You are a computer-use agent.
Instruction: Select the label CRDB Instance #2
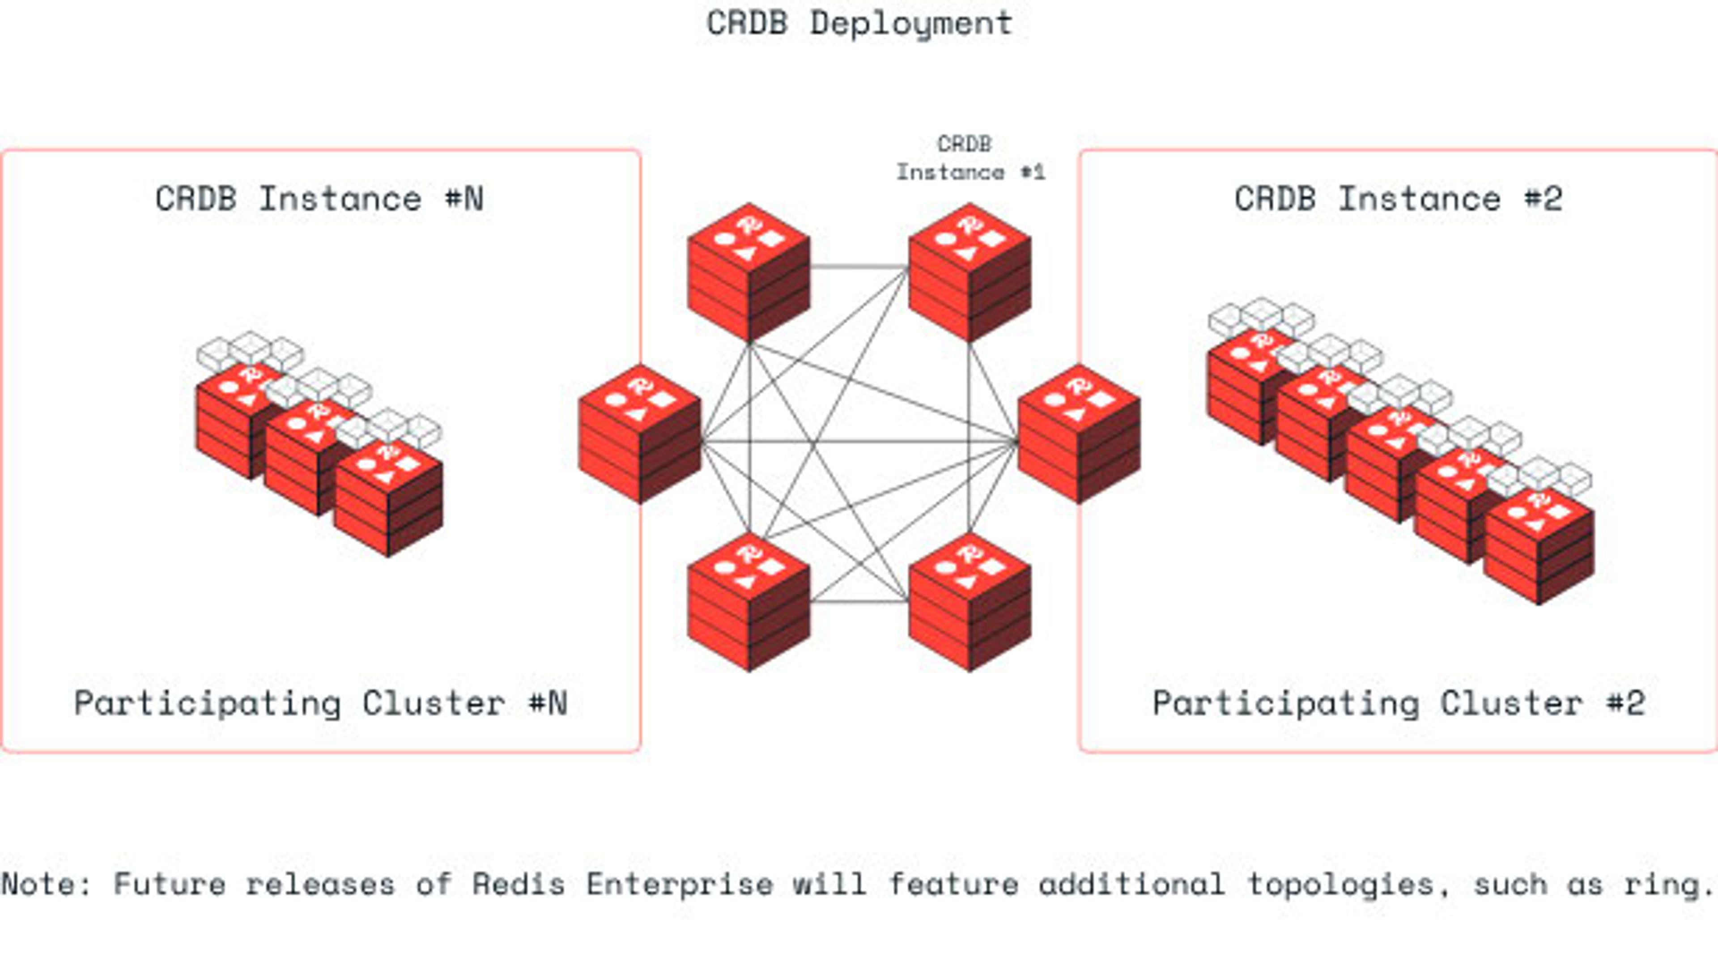coord(1398,199)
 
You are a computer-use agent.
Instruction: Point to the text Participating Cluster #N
coord(320,703)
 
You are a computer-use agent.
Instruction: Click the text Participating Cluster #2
coord(1398,703)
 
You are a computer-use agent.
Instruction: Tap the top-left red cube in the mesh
coord(748,273)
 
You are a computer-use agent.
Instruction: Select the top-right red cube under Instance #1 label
coord(969,273)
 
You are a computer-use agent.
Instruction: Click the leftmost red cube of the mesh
coord(639,435)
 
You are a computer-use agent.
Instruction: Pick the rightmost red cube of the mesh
coord(1078,435)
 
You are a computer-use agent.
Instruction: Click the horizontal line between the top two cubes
coord(859,267)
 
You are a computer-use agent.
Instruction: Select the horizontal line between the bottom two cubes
coord(859,602)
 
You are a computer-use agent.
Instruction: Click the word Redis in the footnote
coord(518,884)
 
